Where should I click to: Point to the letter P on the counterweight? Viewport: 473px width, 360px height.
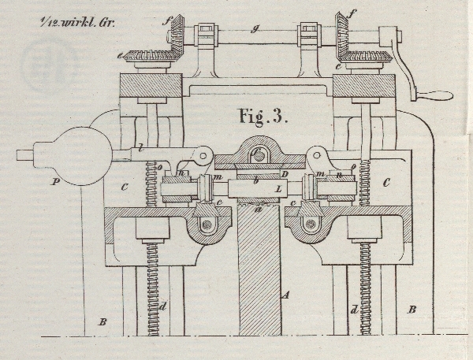pyautogui.click(x=54, y=181)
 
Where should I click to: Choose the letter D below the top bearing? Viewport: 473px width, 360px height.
pyautogui.click(x=285, y=173)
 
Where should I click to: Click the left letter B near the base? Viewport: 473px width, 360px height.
pyautogui.click(x=99, y=321)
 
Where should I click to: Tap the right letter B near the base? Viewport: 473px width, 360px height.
pyautogui.click(x=412, y=310)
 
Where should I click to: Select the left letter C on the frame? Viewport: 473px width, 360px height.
pyautogui.click(x=124, y=186)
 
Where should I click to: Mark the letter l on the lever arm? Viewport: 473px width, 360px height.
pyautogui.click(x=139, y=147)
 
